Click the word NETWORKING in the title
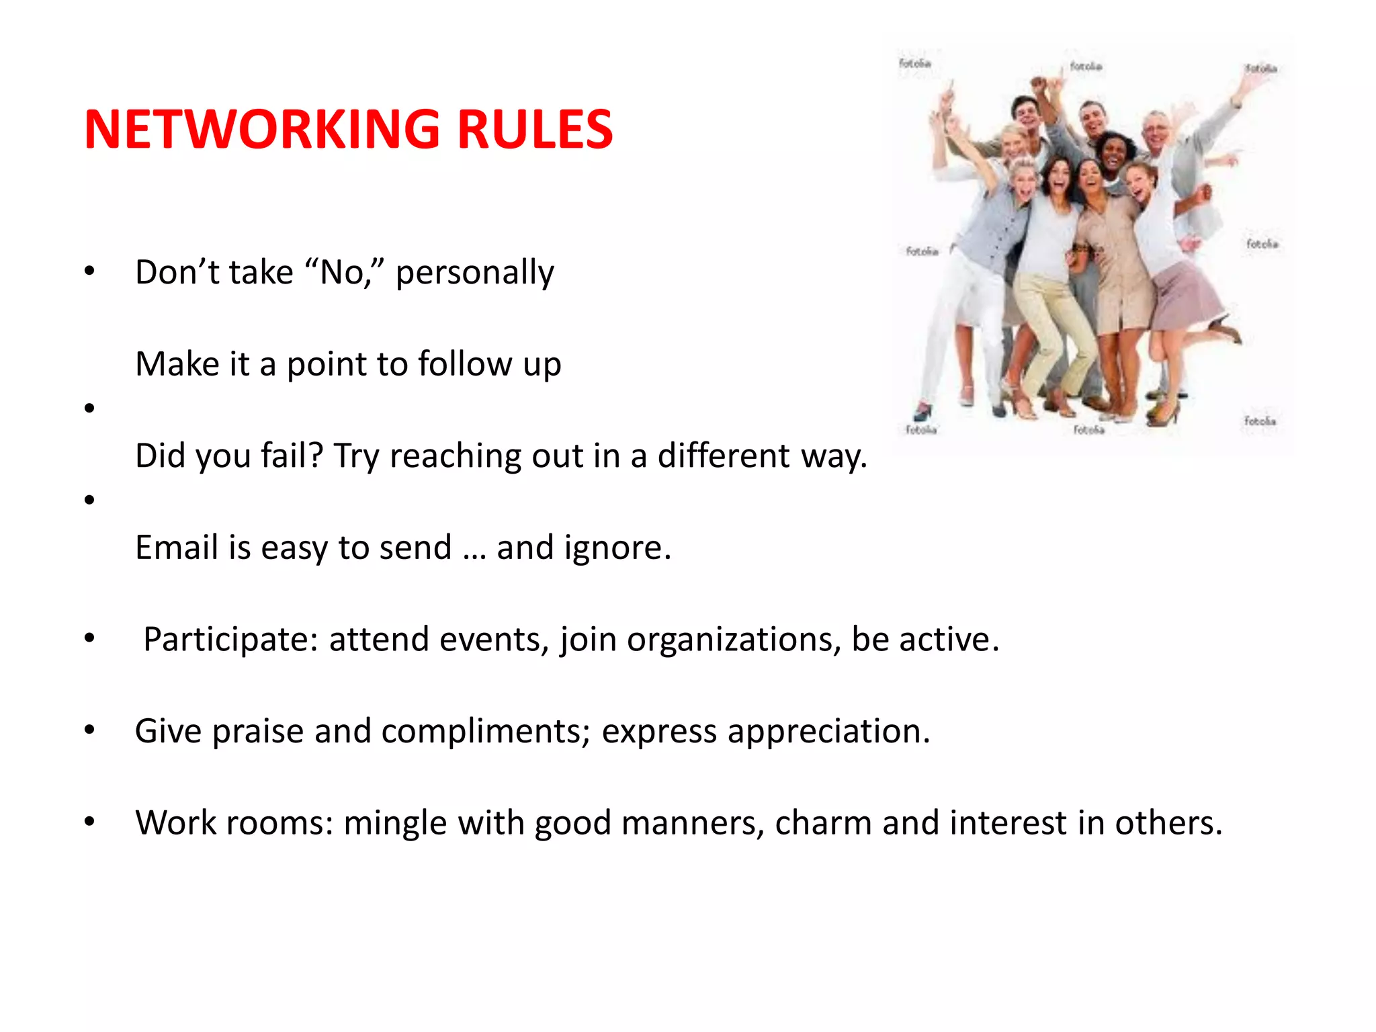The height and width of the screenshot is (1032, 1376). [262, 129]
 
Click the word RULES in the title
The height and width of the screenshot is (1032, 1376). [535, 129]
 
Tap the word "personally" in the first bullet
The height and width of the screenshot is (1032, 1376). [474, 273]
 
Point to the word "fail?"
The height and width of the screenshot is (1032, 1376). [292, 456]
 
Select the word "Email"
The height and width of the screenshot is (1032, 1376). [176, 547]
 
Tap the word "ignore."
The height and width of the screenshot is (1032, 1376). [617, 548]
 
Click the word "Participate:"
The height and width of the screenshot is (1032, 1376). [230, 639]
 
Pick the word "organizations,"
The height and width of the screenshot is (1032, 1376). [734, 640]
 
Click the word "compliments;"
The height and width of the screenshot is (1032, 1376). [486, 731]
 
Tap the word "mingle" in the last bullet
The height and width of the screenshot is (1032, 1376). [395, 823]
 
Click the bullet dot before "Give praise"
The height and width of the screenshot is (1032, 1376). [89, 730]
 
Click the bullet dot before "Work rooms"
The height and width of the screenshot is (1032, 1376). [89, 821]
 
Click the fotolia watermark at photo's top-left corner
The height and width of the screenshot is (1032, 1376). [914, 63]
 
